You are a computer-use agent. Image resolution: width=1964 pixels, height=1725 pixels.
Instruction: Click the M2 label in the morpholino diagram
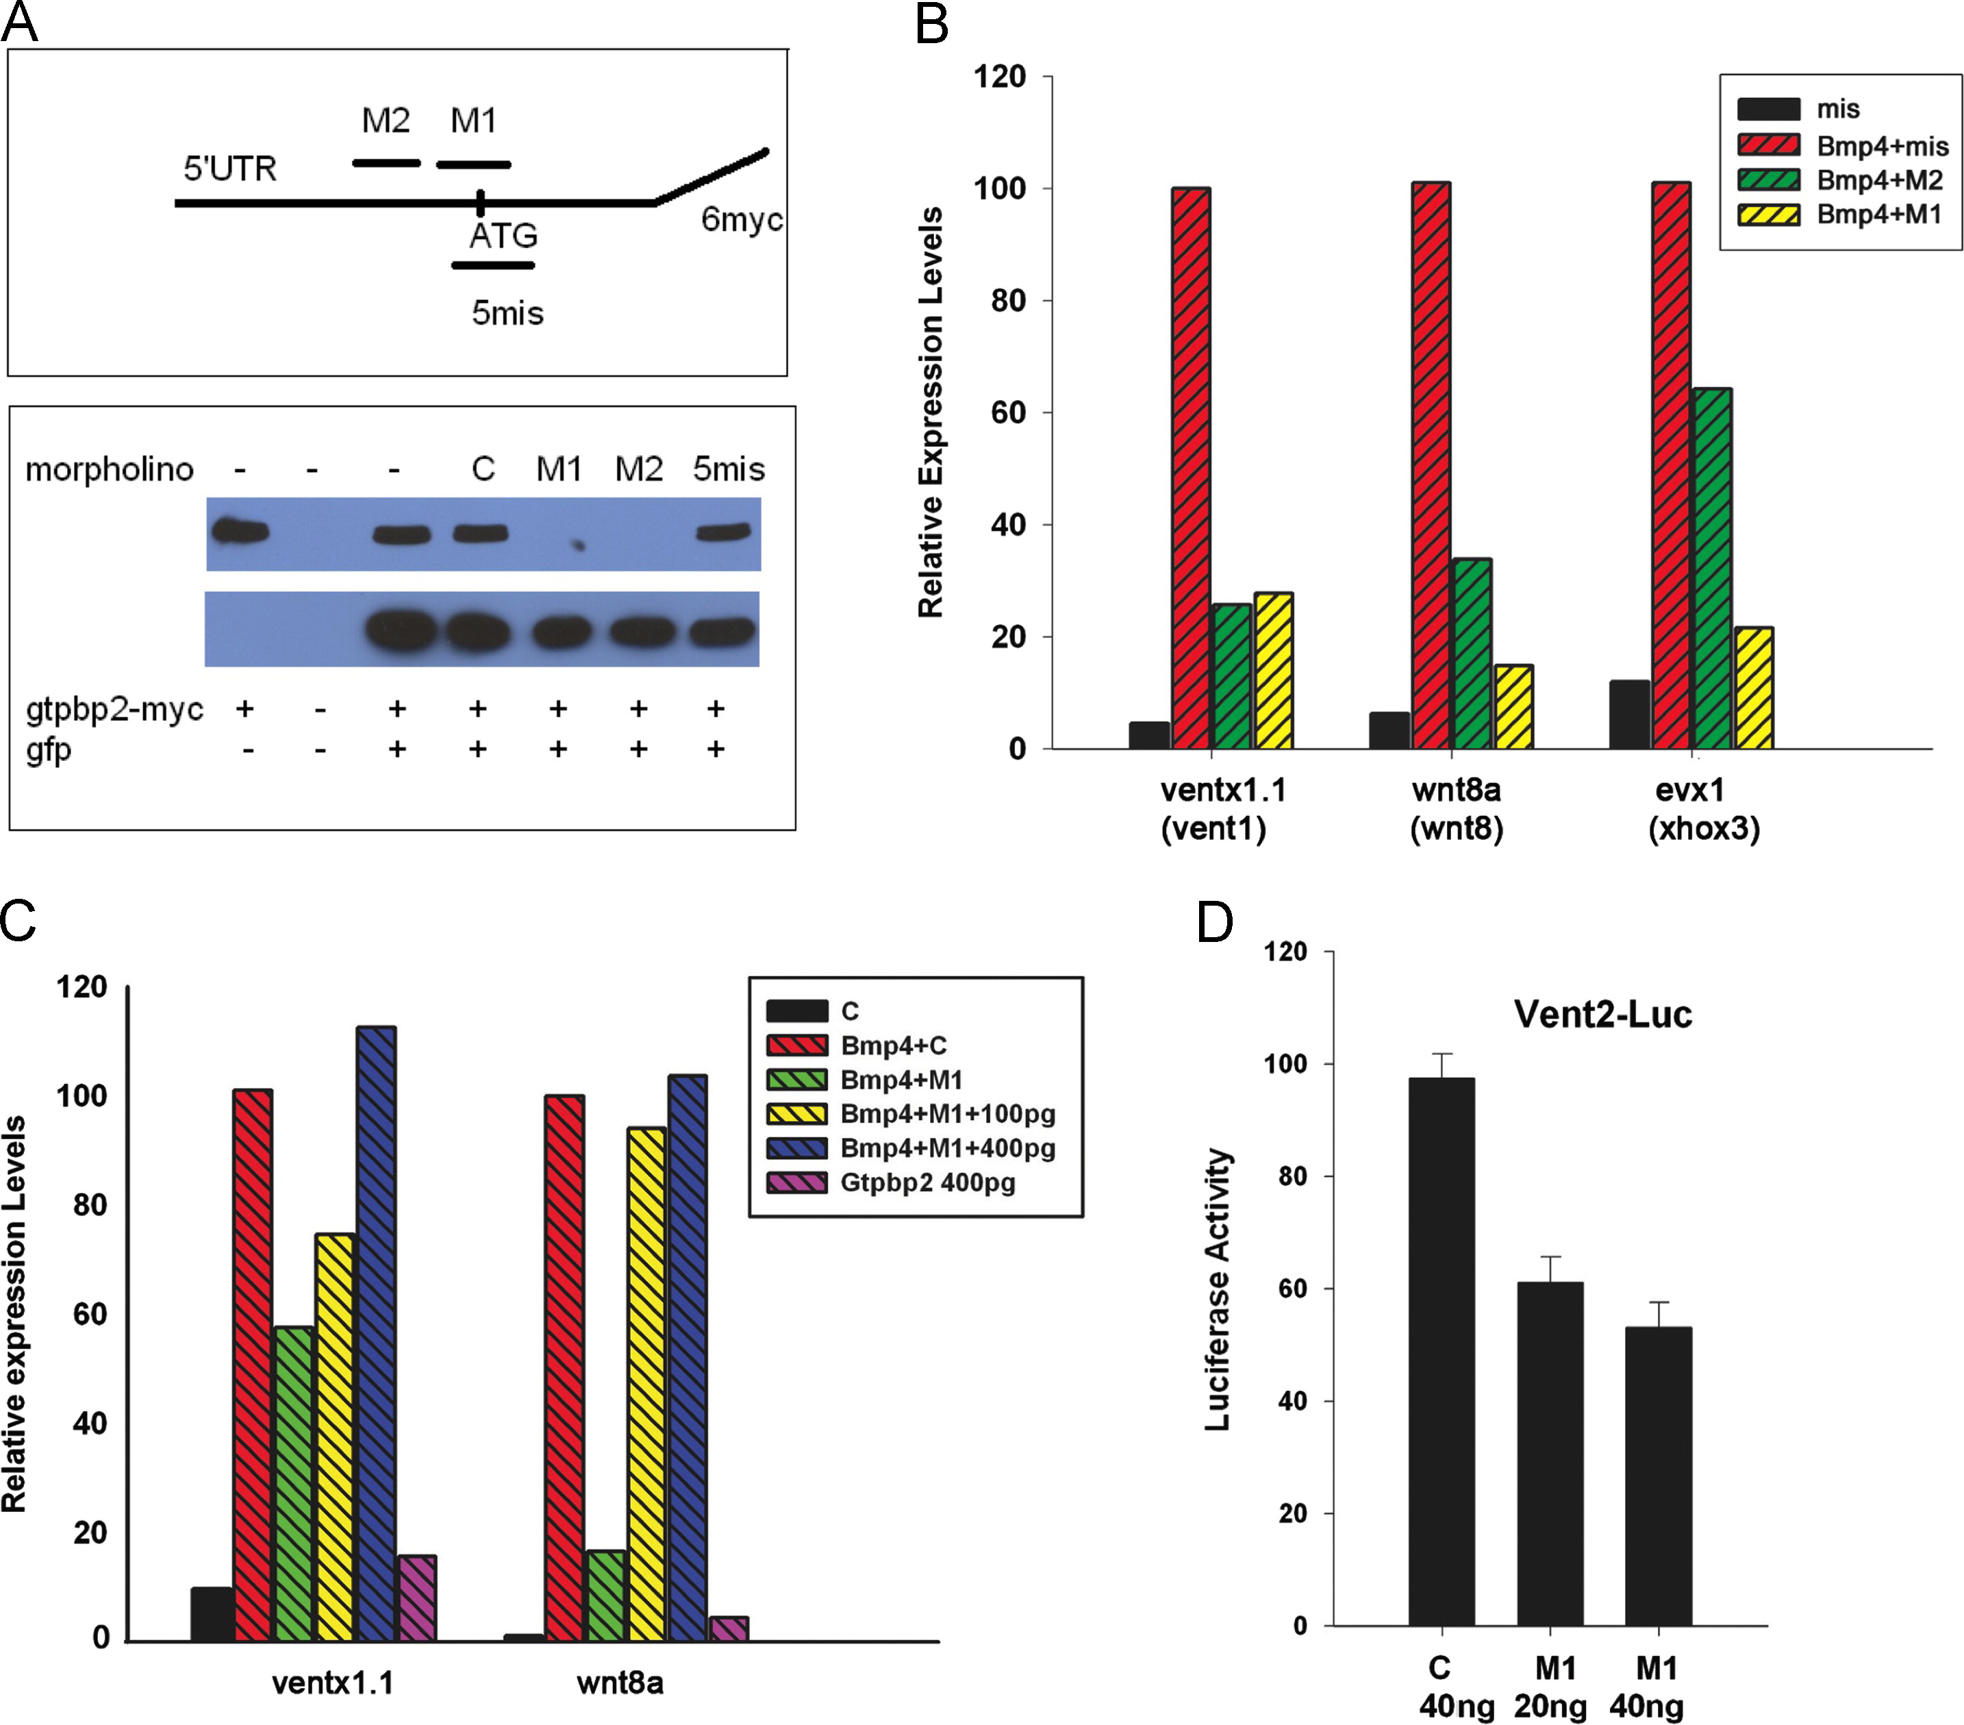pyautogui.click(x=386, y=121)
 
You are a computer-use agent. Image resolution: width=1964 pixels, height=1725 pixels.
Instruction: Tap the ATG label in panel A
pyautogui.click(x=503, y=236)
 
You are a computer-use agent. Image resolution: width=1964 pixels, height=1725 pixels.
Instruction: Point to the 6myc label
pyautogui.click(x=741, y=220)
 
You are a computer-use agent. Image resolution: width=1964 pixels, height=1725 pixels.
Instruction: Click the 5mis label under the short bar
pyautogui.click(x=507, y=313)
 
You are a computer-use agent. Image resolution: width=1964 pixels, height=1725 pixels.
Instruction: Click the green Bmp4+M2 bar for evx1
pyautogui.click(x=1712, y=568)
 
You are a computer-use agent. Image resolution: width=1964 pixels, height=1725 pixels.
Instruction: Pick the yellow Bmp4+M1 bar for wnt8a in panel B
pyautogui.click(x=1513, y=706)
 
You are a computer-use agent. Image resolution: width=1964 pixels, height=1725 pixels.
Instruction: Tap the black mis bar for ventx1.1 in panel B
pyautogui.click(x=1149, y=734)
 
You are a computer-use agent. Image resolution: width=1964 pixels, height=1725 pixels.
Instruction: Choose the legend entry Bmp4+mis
pyautogui.click(x=1880, y=146)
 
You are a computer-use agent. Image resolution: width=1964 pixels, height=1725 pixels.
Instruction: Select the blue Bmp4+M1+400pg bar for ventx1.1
pyautogui.click(x=376, y=1334)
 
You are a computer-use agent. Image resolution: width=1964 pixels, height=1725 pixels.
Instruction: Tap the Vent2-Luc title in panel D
pyautogui.click(x=1602, y=1015)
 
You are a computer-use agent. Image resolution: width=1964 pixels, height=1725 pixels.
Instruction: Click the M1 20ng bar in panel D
pyautogui.click(x=1550, y=1454)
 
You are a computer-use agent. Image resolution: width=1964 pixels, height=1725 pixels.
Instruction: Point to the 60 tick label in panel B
pyautogui.click(x=1008, y=412)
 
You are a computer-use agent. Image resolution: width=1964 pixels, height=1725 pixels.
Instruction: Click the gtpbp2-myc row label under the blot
pyautogui.click(x=114, y=709)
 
